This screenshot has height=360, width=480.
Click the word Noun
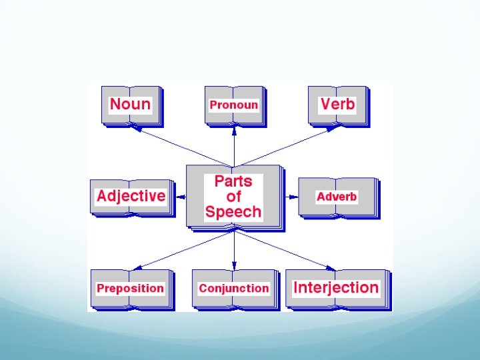pos(130,104)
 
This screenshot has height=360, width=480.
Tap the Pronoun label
pos(233,105)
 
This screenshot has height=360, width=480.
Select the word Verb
pos(337,104)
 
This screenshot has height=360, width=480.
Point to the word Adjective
pos(131,196)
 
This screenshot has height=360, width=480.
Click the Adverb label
pos(337,197)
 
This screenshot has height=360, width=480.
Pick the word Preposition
pos(130,288)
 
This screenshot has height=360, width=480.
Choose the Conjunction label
pos(233,288)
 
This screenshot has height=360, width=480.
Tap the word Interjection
pos(336,288)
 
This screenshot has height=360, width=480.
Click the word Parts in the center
pos(233,181)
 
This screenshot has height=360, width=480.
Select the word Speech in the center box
pos(233,212)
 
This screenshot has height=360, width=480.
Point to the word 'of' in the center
pos(233,197)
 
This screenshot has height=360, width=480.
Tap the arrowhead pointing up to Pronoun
pos(234,130)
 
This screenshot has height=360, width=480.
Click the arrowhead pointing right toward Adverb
pos(293,197)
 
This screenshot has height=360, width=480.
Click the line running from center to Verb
pos(287,147)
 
